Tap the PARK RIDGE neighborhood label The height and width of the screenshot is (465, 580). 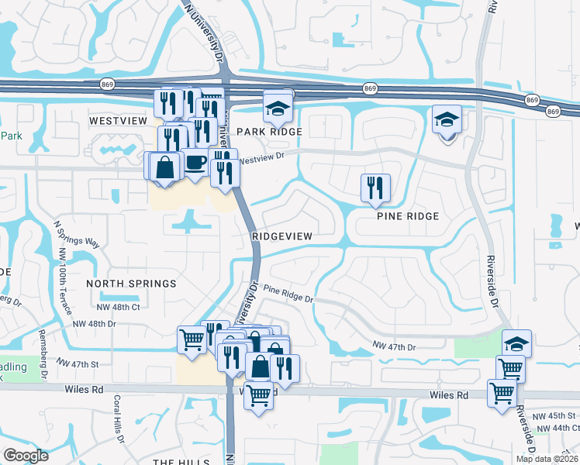(x=269, y=133)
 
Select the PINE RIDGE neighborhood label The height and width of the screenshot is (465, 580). (x=408, y=216)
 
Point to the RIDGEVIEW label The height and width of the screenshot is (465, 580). (x=281, y=236)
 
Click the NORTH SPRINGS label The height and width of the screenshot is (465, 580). (x=131, y=284)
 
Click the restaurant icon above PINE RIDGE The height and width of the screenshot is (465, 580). (x=375, y=187)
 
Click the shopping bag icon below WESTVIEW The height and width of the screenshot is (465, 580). (x=164, y=167)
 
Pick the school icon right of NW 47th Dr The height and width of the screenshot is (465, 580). (x=516, y=343)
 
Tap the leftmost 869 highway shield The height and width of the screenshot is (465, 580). (x=108, y=83)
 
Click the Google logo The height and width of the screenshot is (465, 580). (x=26, y=456)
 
